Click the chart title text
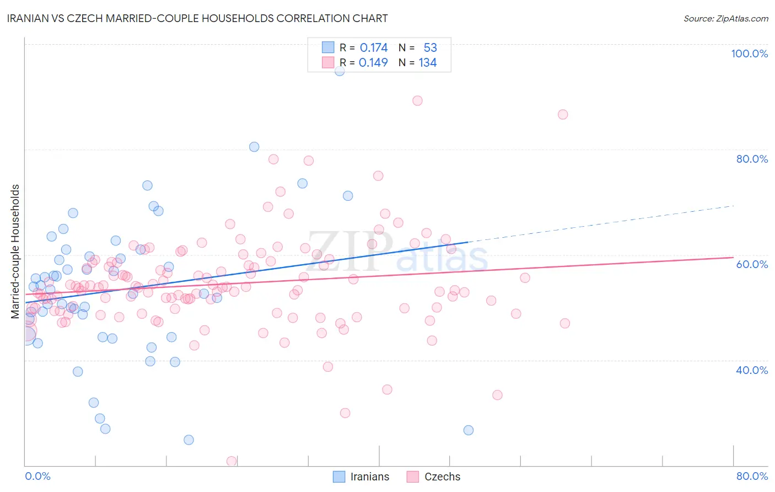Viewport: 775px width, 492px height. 198,18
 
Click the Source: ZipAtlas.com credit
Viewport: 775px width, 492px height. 725,18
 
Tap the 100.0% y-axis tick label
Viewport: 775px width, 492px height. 749,54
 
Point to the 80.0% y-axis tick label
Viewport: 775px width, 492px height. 752,159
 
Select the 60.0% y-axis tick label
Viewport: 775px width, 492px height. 752,264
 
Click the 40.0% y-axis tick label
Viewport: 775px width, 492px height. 752,370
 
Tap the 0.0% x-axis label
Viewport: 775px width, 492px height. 37,476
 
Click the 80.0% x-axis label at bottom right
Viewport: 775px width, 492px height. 752,476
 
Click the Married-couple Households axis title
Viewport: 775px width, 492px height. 15,252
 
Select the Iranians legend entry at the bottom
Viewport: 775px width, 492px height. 361,477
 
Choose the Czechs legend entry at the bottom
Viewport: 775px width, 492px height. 433,477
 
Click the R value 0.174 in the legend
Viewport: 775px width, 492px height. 374,48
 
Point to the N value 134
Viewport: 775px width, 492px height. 428,63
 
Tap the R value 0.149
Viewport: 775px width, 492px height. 373,63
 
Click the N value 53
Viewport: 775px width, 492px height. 430,48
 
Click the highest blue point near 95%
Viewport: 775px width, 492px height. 340,71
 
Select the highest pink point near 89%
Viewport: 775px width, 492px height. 417,100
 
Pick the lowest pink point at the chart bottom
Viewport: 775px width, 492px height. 232,461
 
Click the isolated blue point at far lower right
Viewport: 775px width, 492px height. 469,430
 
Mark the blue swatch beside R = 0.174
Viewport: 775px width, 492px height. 328,47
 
